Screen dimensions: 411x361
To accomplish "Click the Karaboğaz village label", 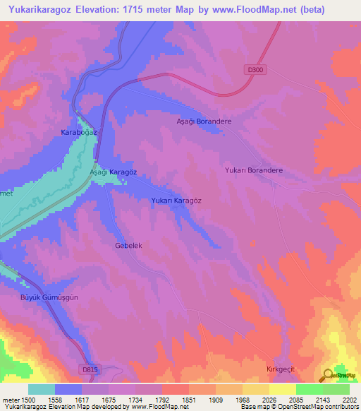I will [x=78, y=133].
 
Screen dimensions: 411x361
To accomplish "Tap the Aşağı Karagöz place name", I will [x=112, y=172].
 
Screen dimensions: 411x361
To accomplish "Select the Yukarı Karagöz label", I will [x=176, y=201].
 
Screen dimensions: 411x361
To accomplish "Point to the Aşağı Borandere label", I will [x=204, y=121].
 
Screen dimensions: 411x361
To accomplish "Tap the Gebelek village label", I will [x=129, y=246].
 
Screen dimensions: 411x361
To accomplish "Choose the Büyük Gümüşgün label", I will [x=49, y=297].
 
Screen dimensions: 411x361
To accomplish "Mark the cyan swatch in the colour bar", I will [x=42, y=389].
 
